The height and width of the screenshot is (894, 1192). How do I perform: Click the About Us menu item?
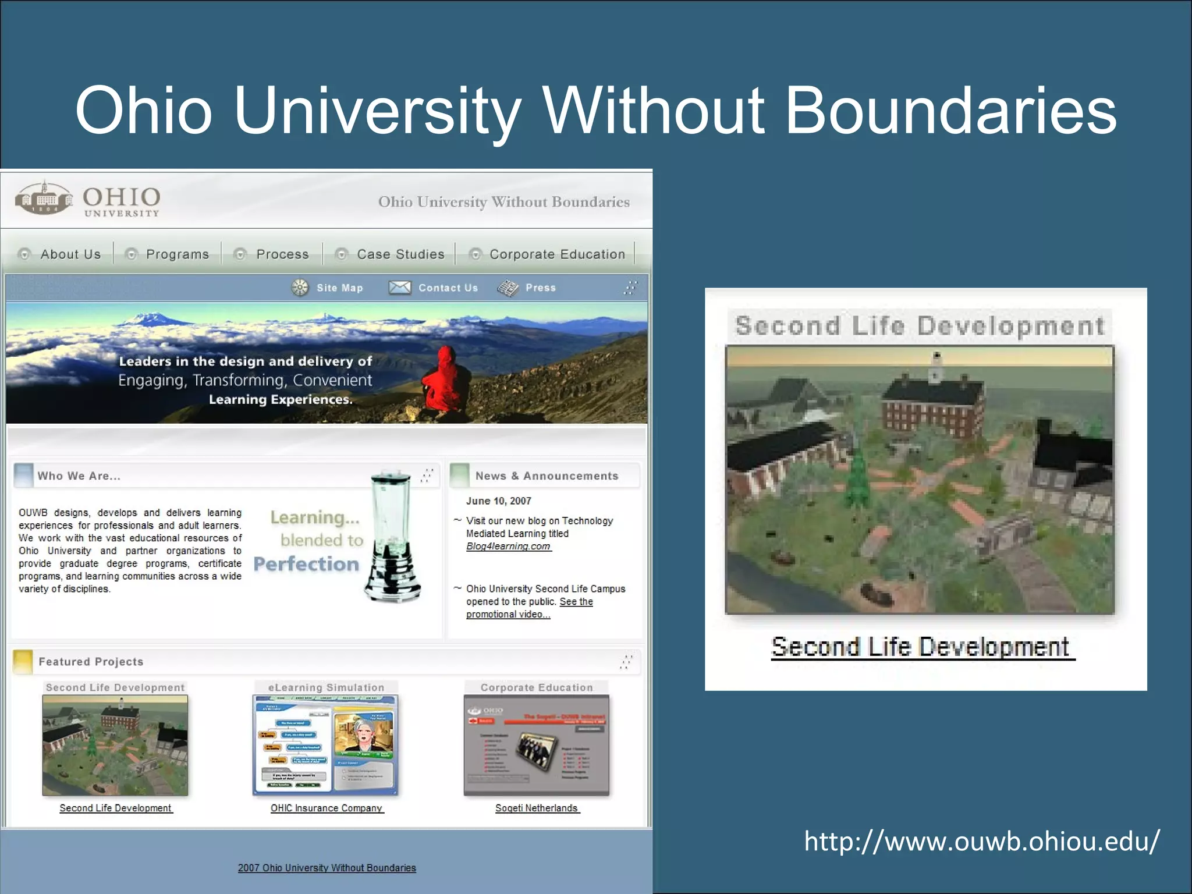pos(70,254)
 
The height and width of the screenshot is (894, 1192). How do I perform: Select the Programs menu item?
pos(177,254)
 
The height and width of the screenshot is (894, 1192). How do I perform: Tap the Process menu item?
pos(282,254)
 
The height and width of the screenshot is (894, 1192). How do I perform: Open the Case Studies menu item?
pos(400,254)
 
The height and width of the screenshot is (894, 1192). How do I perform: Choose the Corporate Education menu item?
pos(557,254)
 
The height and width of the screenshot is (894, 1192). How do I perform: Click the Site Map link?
pos(339,288)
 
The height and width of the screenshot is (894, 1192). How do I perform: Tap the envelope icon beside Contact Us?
pos(400,288)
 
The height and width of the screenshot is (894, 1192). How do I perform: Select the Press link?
pos(540,288)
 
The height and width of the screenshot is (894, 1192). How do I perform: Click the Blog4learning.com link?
pos(508,547)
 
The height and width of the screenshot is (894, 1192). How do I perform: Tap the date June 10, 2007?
pos(498,501)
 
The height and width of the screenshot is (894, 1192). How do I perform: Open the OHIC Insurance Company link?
pos(327,808)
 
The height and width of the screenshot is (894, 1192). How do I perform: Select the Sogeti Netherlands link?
pos(537,808)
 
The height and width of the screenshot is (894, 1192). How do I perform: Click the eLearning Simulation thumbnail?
pos(325,745)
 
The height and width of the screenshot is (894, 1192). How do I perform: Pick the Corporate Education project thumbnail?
pos(537,745)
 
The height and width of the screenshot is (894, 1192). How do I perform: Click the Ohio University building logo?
pos(44,198)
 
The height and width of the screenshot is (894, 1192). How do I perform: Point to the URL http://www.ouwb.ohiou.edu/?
pos(981,842)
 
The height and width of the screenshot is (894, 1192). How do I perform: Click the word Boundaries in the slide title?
pos(950,111)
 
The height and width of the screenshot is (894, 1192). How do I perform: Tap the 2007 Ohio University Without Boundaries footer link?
pos(327,868)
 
